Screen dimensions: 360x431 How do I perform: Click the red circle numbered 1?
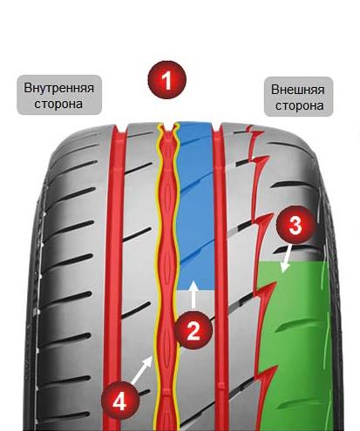point(167,80)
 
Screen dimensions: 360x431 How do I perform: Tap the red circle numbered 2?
point(194,330)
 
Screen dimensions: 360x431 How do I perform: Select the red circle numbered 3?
point(295,225)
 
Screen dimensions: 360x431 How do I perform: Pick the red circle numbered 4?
point(120,401)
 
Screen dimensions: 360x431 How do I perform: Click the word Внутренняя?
point(59,88)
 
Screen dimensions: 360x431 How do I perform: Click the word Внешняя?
point(298,90)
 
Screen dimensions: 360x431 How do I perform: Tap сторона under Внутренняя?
point(58,104)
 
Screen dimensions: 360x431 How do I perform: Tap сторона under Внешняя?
point(299,105)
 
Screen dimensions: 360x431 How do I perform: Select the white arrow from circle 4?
point(142,369)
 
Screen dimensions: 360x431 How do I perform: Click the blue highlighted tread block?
point(195,206)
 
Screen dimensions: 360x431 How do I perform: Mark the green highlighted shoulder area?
point(295,346)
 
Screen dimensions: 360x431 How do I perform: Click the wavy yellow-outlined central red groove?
point(167,276)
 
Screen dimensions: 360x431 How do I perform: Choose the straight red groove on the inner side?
point(114,276)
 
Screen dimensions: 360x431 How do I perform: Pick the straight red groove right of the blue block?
point(220,276)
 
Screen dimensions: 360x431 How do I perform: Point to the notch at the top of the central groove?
point(168,127)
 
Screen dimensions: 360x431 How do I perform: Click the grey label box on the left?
point(59,95)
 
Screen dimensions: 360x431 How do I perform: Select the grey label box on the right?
point(298,97)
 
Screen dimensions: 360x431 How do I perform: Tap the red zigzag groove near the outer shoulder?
point(261,276)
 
